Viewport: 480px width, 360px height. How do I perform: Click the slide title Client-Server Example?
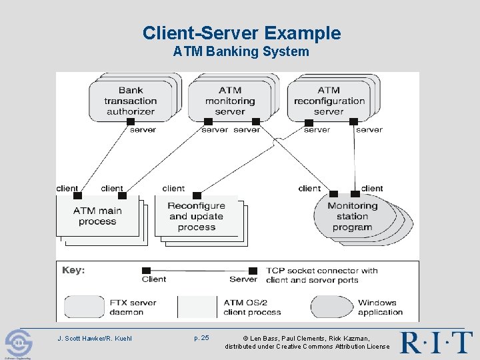click(x=241, y=33)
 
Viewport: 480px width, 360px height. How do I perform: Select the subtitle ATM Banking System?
click(x=241, y=52)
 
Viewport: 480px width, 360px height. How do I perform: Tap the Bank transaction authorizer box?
click(x=131, y=101)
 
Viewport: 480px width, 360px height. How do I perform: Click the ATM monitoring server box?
click(x=229, y=101)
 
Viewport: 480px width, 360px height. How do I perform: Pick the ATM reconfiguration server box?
click(x=329, y=101)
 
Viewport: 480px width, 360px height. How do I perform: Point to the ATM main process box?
click(x=97, y=216)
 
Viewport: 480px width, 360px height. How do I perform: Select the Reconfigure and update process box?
click(x=196, y=216)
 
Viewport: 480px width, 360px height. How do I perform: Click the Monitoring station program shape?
click(x=353, y=216)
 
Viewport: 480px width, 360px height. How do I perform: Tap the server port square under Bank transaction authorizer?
click(x=131, y=122)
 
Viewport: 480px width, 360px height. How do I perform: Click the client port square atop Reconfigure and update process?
click(x=195, y=196)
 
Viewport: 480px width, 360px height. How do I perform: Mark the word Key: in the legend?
click(x=73, y=270)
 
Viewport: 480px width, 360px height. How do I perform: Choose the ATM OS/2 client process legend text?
click(x=252, y=307)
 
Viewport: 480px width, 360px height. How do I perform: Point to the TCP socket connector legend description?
click(x=321, y=275)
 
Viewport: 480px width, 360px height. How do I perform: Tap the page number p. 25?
click(x=201, y=338)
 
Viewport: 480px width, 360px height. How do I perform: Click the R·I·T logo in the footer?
click(x=436, y=342)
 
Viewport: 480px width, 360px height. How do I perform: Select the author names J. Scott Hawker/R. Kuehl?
click(x=95, y=339)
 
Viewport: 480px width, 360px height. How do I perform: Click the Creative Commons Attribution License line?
click(x=307, y=347)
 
